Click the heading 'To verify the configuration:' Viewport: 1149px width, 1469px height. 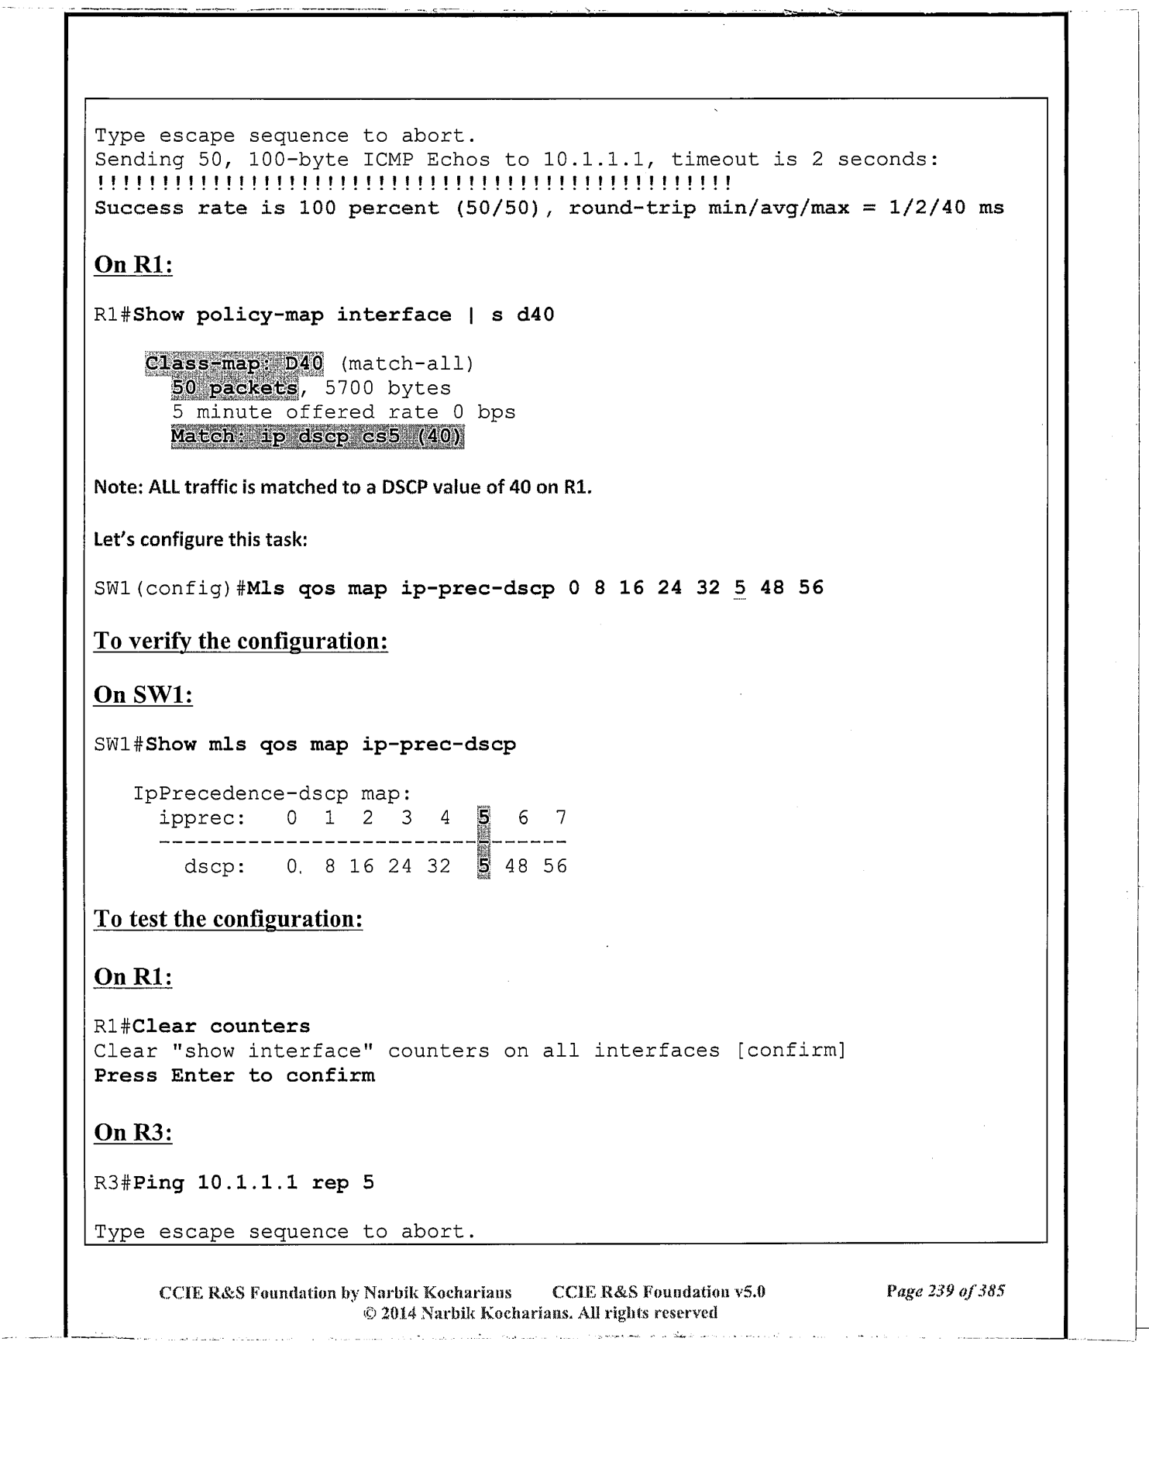coord(240,642)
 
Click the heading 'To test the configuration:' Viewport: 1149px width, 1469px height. coord(228,919)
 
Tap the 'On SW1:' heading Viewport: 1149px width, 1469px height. coord(143,694)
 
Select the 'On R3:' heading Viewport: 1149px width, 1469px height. coord(132,1132)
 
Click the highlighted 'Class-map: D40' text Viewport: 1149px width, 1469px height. coord(234,363)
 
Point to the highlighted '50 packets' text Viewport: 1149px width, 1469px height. coord(235,388)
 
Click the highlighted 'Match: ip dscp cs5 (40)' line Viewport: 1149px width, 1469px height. coord(317,437)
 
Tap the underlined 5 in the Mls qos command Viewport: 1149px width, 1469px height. coord(740,588)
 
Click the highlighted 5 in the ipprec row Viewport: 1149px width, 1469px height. coord(484,817)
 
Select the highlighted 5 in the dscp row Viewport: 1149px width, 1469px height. coord(484,866)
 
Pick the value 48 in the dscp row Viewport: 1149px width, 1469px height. coord(517,866)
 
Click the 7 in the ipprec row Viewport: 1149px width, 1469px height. coord(561,817)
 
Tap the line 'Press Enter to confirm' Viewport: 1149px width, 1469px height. coord(234,1076)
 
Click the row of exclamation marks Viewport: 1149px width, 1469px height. coord(413,184)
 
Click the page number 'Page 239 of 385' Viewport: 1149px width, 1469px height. coord(945,1291)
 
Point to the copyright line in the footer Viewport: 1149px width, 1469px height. coord(539,1312)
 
